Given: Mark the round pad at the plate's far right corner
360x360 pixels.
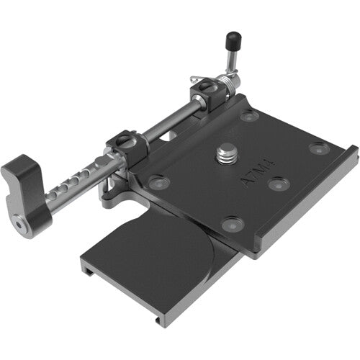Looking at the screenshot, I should click(x=319, y=148).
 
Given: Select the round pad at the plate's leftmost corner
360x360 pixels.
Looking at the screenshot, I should click(x=159, y=181).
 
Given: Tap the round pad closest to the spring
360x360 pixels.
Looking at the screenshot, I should click(x=249, y=115).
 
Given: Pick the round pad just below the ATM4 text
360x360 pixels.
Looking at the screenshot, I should click(x=277, y=184).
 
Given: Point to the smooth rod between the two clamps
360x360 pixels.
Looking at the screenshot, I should click(x=167, y=120).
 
